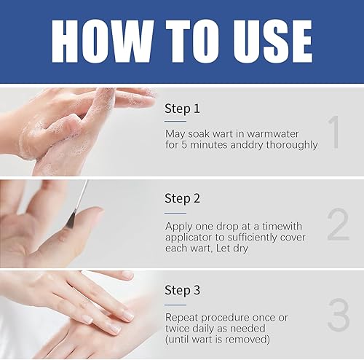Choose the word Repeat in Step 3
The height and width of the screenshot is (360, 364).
[x=183, y=317]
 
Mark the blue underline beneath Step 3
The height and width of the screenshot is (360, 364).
[x=175, y=303]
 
